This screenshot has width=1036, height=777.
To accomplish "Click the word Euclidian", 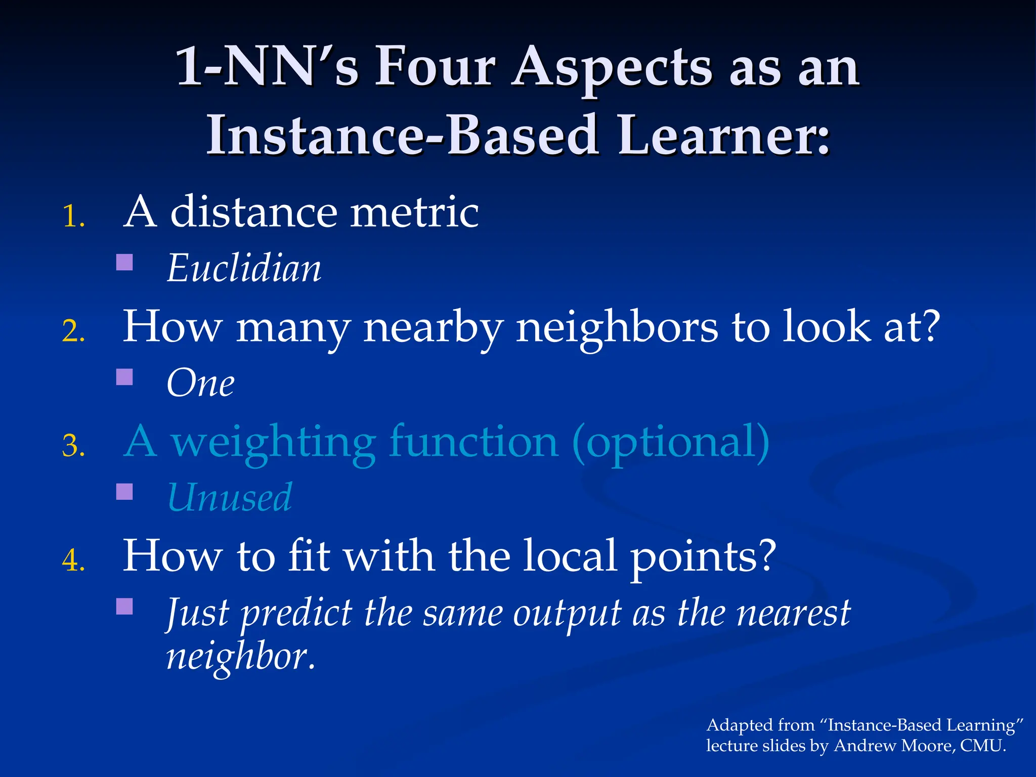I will [x=244, y=268].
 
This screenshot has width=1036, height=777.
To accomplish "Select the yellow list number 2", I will [x=73, y=331].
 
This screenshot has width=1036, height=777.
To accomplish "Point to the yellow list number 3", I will [x=73, y=446].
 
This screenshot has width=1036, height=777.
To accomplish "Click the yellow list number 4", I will [x=73, y=560].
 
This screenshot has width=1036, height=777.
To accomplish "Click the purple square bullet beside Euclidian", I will [x=124, y=262].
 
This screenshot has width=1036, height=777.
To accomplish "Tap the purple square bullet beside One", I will [x=124, y=377].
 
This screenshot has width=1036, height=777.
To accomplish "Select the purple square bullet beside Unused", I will [x=124, y=492].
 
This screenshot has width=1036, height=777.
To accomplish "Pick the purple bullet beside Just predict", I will [x=124, y=606].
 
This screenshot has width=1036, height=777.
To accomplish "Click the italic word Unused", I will [x=230, y=498].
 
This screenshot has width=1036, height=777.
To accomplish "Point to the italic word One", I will [x=200, y=383].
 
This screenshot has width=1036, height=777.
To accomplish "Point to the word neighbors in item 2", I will [x=617, y=327].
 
